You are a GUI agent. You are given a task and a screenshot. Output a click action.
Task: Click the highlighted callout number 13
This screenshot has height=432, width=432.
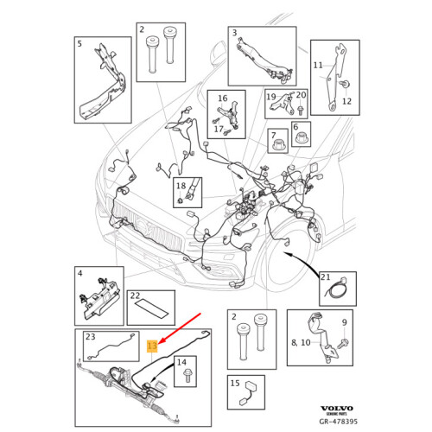click(153, 346)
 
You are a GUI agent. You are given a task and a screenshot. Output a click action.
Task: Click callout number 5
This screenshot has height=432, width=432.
click(79, 43)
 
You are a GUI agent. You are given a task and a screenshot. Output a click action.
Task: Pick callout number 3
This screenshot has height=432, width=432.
click(234, 33)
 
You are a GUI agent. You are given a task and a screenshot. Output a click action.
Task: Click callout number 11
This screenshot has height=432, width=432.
click(317, 65)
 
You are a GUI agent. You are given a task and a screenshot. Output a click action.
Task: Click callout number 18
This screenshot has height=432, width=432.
click(181, 186)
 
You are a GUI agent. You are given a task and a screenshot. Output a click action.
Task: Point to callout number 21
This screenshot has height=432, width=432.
click(326, 277)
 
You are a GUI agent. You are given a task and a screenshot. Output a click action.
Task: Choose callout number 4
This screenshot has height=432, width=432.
click(79, 274)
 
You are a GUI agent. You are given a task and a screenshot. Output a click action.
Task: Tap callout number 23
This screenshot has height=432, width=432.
click(89, 339)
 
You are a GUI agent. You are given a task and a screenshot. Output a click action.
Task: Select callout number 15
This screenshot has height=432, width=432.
click(234, 383)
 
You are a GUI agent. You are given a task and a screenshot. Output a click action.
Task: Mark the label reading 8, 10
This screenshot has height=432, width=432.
click(300, 343)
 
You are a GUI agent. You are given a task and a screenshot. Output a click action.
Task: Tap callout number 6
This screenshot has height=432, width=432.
click(296, 126)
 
